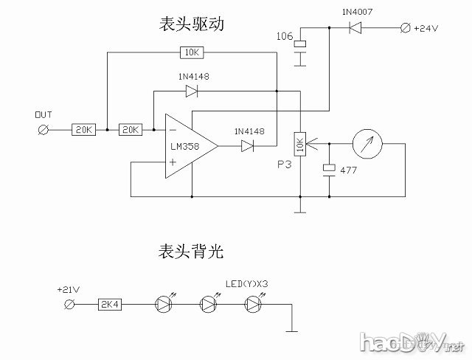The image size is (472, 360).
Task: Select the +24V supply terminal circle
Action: coord(403,28)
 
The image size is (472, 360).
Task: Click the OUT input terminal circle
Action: coord(43,130)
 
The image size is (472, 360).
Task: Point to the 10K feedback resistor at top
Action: coord(192,52)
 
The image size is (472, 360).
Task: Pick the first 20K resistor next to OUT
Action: coord(83,130)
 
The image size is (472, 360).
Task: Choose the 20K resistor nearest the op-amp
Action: coord(131,130)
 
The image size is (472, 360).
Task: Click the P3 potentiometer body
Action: coord(299,145)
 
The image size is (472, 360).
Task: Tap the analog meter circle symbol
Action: coord(366,145)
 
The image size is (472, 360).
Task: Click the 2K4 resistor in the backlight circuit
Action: coord(111,303)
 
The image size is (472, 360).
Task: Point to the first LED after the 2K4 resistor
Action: coord(164,303)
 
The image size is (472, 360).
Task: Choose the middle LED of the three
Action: coord(209,303)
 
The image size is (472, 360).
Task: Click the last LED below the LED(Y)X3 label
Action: coord(254,303)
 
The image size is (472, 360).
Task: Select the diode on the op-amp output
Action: coord(246,146)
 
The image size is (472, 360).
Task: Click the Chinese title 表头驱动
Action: coord(190,24)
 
